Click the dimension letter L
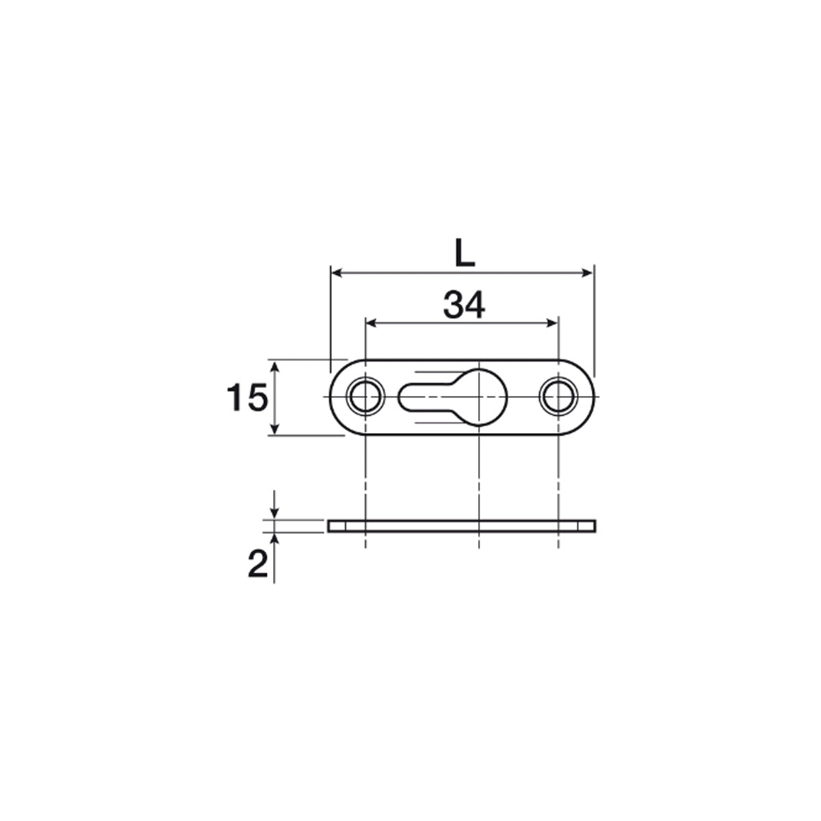[x=464, y=252]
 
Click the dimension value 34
[x=464, y=304]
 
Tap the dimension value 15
[x=247, y=397]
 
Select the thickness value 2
[x=258, y=564]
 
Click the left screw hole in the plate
[x=365, y=396]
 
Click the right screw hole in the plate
[x=558, y=396]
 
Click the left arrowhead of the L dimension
[x=337, y=273]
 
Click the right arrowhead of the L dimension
[x=587, y=273]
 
